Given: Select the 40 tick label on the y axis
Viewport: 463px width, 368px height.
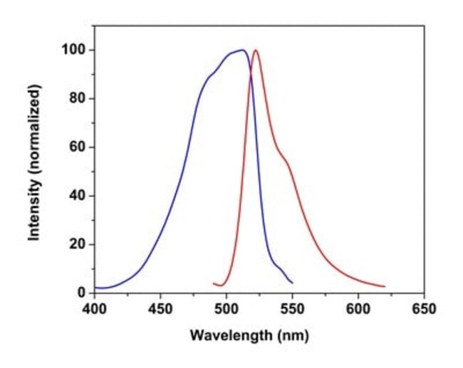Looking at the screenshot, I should pyautogui.click(x=78, y=196).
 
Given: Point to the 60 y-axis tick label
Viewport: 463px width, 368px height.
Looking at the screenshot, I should pyautogui.click(x=78, y=147).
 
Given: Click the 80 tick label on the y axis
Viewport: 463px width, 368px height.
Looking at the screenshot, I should pyautogui.click(x=78, y=99).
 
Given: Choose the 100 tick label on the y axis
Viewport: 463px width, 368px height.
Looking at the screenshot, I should pyautogui.click(x=76, y=50).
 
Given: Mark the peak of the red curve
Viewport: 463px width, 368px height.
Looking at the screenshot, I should pyautogui.click(x=256, y=50).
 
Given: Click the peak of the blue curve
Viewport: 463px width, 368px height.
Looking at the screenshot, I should pyautogui.click(x=243, y=50).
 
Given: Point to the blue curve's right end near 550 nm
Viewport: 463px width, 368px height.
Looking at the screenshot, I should pyautogui.click(x=292, y=283).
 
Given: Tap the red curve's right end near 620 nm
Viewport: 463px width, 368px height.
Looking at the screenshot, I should pyautogui.click(x=385, y=286).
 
